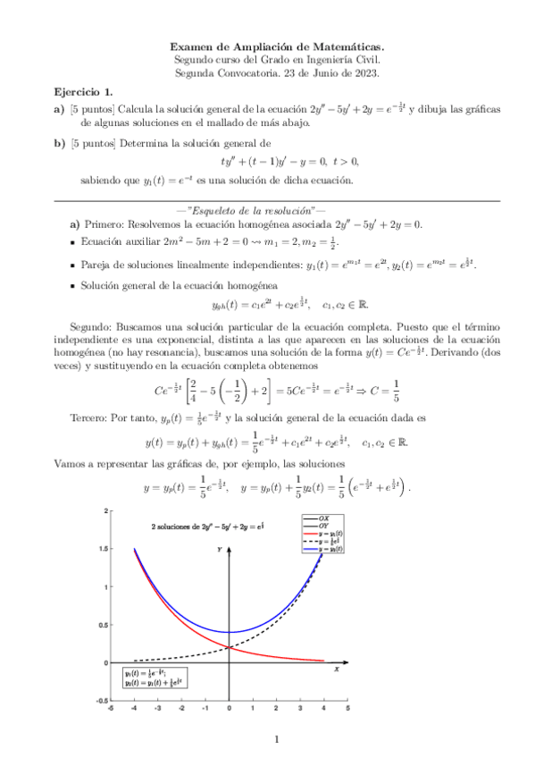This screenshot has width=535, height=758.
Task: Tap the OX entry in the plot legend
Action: (x=325, y=518)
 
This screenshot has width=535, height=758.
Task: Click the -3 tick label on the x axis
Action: (x=157, y=708)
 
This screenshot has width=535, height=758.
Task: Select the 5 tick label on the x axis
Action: (x=347, y=708)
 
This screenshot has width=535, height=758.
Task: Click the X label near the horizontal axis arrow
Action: (x=336, y=668)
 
